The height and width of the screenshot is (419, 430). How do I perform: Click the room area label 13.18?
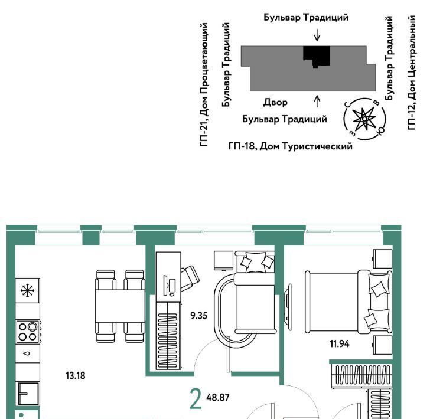click(x=76, y=375)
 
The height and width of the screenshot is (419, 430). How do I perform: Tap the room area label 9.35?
click(x=199, y=316)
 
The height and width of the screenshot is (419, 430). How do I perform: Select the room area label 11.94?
click(x=340, y=343)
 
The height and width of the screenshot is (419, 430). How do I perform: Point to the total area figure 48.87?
click(x=218, y=397)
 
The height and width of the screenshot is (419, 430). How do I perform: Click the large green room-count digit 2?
click(x=196, y=400)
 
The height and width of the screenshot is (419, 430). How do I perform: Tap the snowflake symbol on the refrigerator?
click(x=28, y=291)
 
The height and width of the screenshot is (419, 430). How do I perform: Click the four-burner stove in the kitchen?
click(x=28, y=332)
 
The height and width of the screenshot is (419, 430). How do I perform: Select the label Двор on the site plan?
click(x=275, y=103)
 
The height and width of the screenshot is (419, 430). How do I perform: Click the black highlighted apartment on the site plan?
click(x=317, y=56)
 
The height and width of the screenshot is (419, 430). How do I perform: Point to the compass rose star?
click(x=364, y=119)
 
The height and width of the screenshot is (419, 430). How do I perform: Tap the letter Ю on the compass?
click(x=380, y=131)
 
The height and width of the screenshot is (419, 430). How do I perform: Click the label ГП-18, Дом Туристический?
click(x=291, y=146)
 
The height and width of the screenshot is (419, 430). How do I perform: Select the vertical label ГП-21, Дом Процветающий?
click(x=204, y=84)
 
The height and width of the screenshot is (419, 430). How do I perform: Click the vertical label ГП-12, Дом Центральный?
click(x=411, y=73)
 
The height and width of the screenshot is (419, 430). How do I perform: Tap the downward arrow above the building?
click(x=317, y=35)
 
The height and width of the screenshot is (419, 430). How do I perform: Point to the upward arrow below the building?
click(x=317, y=101)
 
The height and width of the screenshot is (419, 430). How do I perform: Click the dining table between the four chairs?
click(x=120, y=306)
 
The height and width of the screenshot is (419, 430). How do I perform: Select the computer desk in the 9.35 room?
click(x=168, y=277)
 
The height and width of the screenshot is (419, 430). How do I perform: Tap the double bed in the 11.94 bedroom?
click(x=349, y=303)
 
